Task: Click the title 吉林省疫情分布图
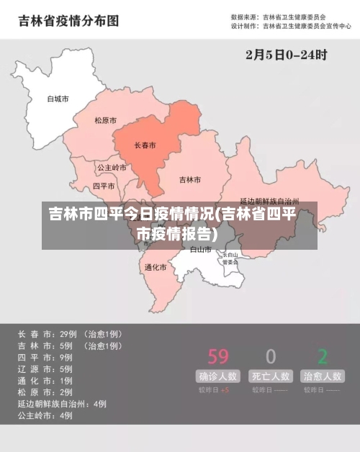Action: (68, 21)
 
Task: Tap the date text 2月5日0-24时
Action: (287, 54)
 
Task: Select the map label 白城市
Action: (58, 99)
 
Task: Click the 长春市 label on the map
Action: (145, 145)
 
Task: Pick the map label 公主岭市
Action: (112, 168)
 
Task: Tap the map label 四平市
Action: (104, 186)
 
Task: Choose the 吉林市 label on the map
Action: (189, 179)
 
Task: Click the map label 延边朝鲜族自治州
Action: (269, 202)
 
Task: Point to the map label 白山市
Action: (200, 250)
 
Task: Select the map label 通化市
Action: (156, 267)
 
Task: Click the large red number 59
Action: (218, 356)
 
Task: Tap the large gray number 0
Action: (270, 356)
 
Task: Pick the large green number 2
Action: (323, 356)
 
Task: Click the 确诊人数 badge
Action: (218, 376)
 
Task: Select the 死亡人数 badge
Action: (270, 376)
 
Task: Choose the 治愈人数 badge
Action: (322, 376)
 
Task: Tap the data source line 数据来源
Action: (278, 16)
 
